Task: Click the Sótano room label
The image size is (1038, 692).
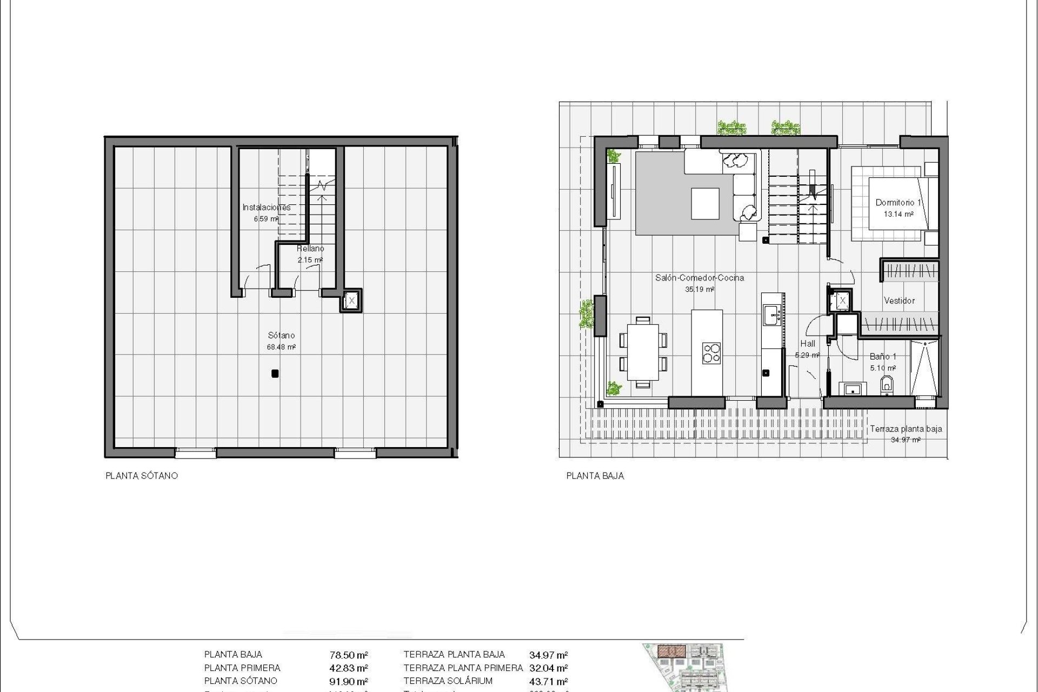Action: (x=281, y=336)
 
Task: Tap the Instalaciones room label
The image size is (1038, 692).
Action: (x=266, y=207)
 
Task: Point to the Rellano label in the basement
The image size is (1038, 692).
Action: (x=310, y=249)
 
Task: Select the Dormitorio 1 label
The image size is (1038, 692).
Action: (x=898, y=203)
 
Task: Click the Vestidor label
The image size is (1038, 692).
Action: (x=899, y=301)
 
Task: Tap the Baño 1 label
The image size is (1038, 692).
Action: (x=883, y=357)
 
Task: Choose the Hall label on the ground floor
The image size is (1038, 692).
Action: (x=808, y=343)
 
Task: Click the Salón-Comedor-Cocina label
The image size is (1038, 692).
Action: (x=700, y=278)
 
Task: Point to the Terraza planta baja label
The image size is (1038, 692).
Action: (x=906, y=429)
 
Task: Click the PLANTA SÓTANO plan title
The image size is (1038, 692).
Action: (x=142, y=476)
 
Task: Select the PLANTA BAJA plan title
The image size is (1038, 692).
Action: (x=595, y=476)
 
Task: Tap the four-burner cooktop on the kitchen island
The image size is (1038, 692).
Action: (x=711, y=352)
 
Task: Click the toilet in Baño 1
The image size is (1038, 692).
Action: (x=887, y=385)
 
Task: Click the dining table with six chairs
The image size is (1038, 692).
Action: (x=642, y=352)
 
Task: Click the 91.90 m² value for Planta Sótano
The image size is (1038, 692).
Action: (x=349, y=681)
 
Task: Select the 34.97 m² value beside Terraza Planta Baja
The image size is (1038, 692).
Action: (x=548, y=655)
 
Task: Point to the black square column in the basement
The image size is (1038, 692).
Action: (x=275, y=373)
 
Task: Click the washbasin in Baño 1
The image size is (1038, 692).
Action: (x=853, y=388)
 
